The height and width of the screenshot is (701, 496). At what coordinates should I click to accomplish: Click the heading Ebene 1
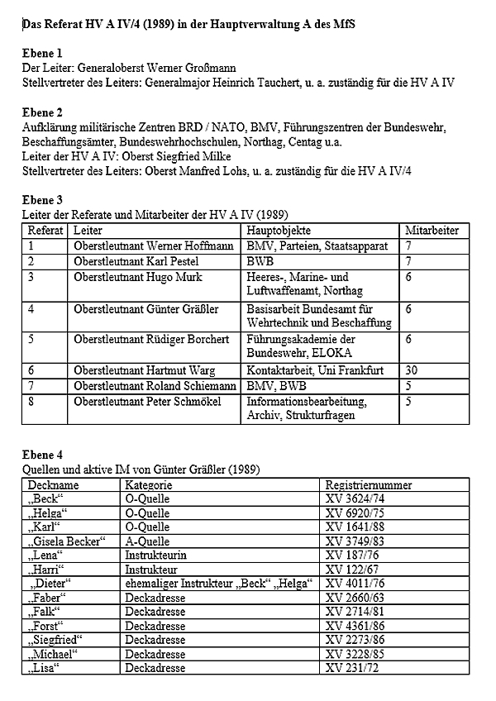pos(45,54)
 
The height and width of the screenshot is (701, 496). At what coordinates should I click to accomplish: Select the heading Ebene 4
pos(45,455)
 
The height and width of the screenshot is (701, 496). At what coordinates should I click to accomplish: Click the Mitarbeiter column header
pos(432,231)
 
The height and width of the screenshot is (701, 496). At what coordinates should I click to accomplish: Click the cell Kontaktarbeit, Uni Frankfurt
pos(315,371)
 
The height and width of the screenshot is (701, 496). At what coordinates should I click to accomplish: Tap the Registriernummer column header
pos(369,485)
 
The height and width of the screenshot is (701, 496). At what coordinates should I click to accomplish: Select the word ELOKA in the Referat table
pos(330,351)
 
